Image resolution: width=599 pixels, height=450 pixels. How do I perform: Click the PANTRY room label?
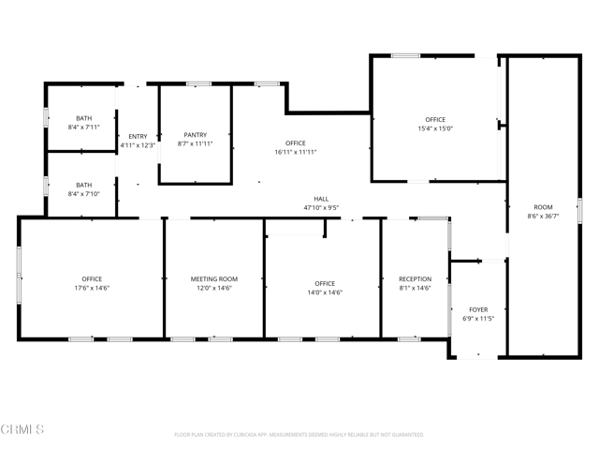coord(196,135)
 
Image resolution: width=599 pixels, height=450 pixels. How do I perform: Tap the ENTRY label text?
coord(138,136)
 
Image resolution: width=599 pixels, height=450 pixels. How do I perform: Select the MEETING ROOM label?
coord(214,279)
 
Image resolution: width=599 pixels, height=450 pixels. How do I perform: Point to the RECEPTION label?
coord(416,279)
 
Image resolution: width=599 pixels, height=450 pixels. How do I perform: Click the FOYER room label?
coord(478,309)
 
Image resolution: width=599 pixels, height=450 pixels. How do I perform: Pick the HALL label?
coord(321,199)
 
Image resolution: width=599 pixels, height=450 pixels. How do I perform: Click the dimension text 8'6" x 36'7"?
coord(543,216)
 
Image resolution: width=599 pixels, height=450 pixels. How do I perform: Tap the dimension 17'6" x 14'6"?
coord(92,288)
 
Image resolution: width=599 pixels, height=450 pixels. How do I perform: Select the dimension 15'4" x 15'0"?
coord(435,128)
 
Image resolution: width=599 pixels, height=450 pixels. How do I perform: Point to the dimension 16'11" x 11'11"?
coord(296,152)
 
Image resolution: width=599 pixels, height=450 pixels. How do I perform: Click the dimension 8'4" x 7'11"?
coord(83,127)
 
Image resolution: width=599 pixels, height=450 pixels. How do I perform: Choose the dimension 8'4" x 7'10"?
coord(83,194)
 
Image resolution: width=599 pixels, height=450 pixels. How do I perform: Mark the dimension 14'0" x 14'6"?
coord(325,292)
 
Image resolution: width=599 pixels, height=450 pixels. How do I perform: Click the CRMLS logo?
coord(22,429)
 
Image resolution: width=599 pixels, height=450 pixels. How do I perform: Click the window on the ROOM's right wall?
coord(579,210)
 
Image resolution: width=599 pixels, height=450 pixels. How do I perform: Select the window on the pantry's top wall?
coord(198,83)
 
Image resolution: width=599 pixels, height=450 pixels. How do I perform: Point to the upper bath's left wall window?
coord(46,117)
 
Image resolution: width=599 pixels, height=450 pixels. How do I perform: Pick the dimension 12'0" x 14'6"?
coord(214,288)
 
